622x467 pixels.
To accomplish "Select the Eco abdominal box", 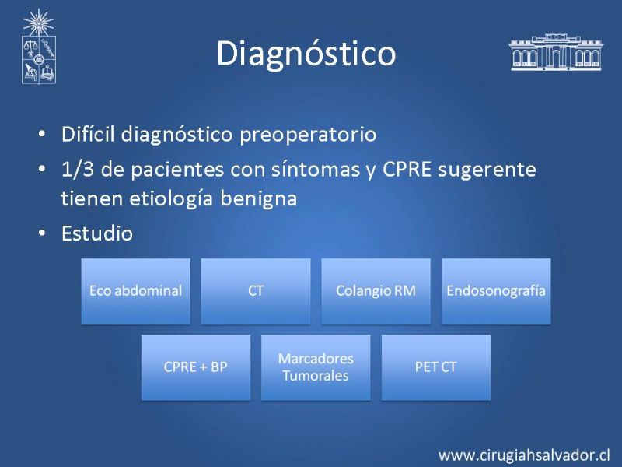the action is [x=135, y=291].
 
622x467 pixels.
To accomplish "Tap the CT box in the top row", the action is [x=256, y=291].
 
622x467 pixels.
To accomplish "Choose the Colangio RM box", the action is [x=376, y=291].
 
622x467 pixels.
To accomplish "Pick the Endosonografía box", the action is [x=496, y=291].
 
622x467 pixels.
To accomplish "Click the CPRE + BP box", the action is [x=196, y=367].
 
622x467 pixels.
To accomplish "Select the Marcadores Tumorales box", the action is [x=316, y=367].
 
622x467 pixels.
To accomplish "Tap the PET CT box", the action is [x=436, y=367].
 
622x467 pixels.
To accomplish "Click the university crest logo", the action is [x=38, y=47].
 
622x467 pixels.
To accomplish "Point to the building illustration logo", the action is [x=556, y=52].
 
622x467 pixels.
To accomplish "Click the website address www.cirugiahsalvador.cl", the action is [x=524, y=455].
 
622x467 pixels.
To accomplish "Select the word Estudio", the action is [x=97, y=233].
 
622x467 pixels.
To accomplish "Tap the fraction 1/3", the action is [x=77, y=170].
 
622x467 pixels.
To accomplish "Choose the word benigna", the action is [x=259, y=199].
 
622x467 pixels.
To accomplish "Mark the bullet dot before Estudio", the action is [x=42, y=233].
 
